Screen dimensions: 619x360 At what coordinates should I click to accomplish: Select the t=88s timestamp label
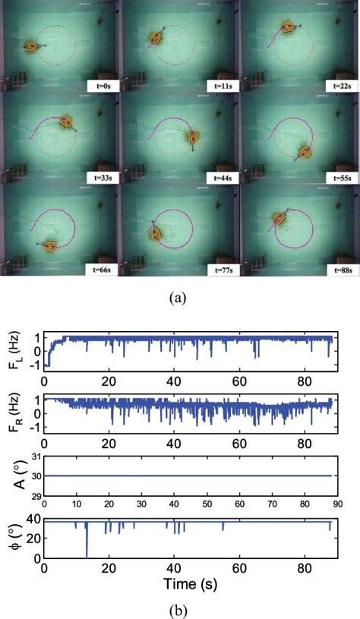point(338,270)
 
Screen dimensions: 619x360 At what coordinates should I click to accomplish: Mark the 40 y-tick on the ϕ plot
point(34,519)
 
